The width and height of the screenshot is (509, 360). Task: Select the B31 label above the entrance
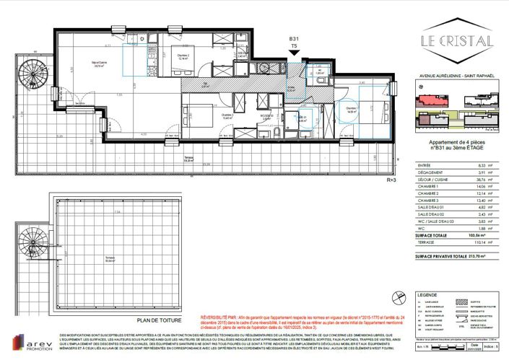(294, 38)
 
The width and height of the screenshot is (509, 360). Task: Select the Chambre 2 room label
(183, 56)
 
